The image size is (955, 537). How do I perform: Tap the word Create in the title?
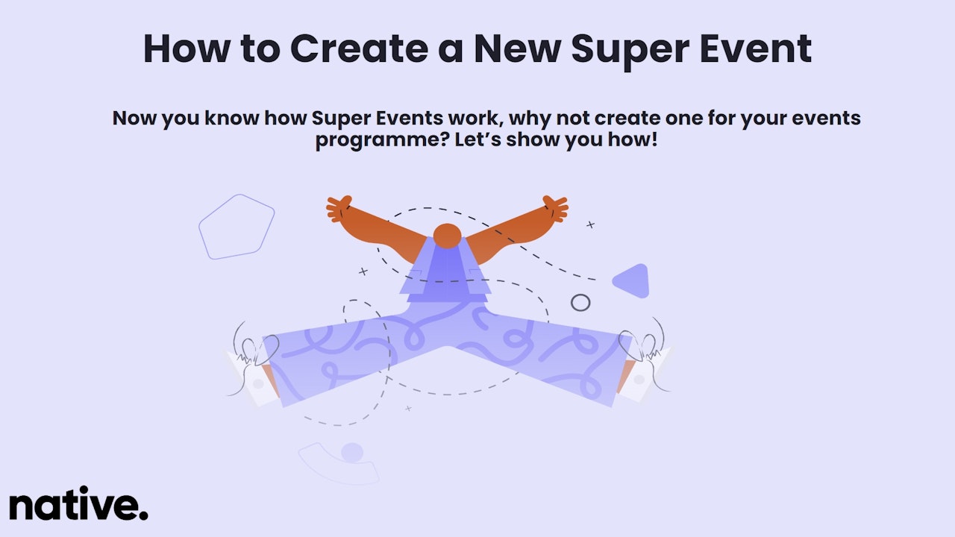point(359,48)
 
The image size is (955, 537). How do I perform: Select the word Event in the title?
point(756,48)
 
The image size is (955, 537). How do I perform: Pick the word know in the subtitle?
point(232,118)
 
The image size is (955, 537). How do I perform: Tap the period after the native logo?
point(144,515)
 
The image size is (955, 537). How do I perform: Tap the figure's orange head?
point(447,236)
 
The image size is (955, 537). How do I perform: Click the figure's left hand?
point(339,208)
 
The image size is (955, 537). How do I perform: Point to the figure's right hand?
point(555,209)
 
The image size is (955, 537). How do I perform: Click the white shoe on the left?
point(252,377)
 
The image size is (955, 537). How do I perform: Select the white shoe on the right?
point(645,374)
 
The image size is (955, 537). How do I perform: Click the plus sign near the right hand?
point(590,224)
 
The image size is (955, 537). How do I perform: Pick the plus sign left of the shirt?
point(363,271)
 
